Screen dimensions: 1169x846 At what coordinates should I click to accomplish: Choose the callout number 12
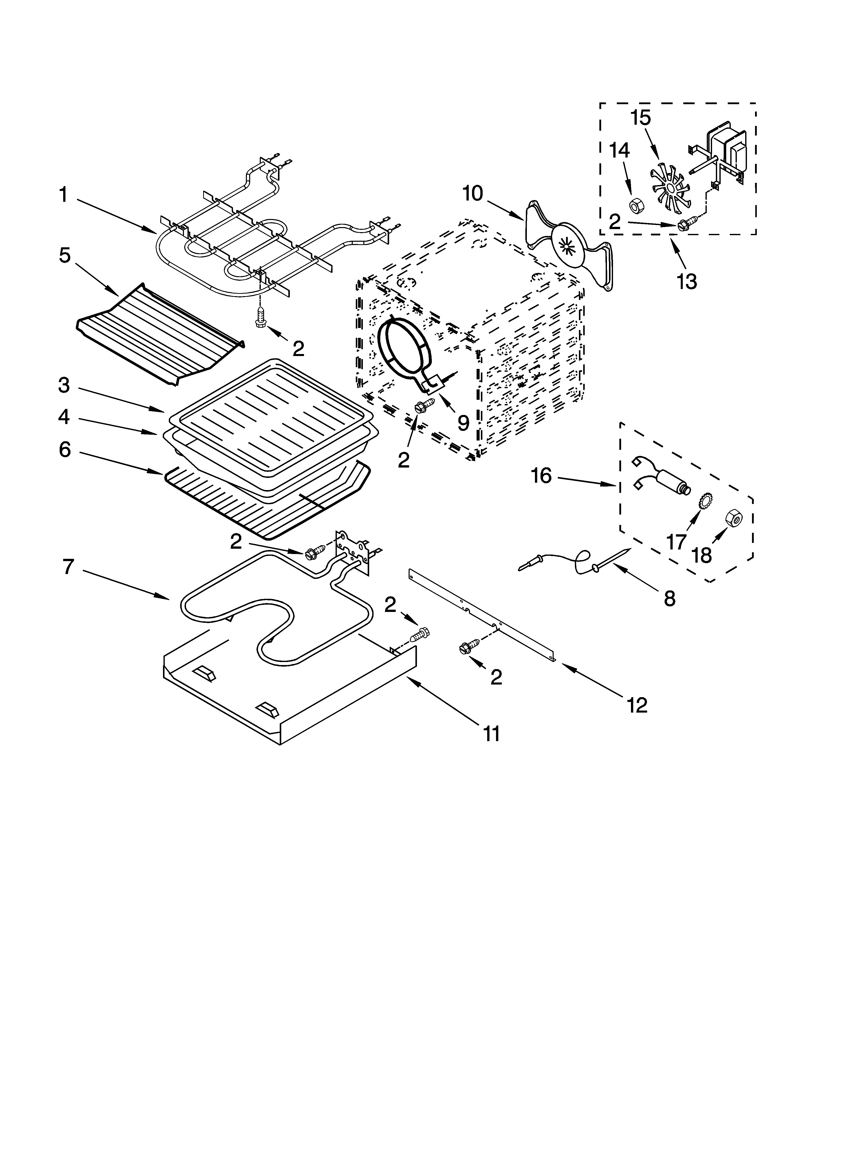(637, 704)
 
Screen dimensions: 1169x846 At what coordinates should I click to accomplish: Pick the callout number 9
(463, 423)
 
